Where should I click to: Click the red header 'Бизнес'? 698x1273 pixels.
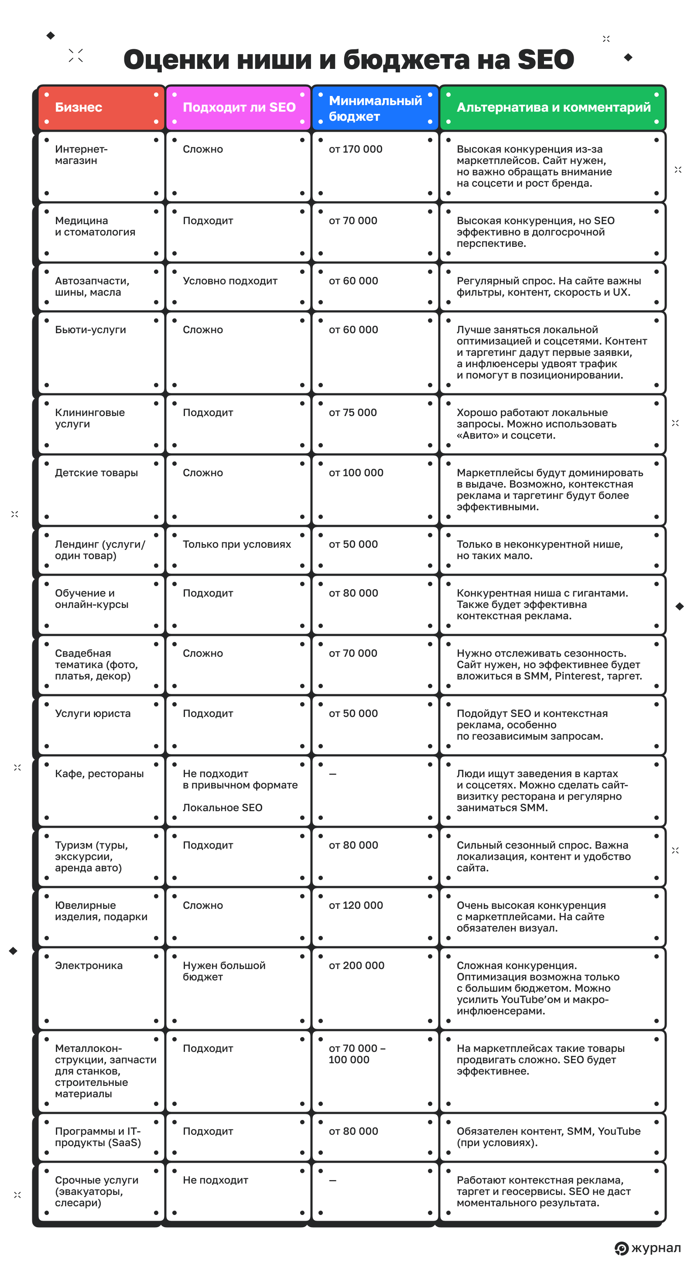pyautogui.click(x=79, y=107)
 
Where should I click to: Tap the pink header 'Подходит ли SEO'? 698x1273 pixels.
pyautogui.click(x=239, y=107)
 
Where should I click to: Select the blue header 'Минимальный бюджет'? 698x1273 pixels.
pyautogui.click(x=375, y=108)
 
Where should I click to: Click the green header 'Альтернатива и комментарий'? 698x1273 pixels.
pyautogui.click(x=553, y=107)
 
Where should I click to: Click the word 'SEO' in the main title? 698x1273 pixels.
pyautogui.click(x=545, y=59)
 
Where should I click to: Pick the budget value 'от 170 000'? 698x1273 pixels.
pyautogui.click(x=356, y=149)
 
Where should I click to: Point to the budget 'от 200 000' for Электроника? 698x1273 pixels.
pyautogui.click(x=356, y=965)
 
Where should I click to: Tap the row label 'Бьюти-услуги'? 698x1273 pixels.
pyautogui.click(x=90, y=330)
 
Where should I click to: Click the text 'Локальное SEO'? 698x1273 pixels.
pyautogui.click(x=222, y=808)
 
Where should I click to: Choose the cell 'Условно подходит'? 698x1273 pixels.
pyautogui.click(x=230, y=281)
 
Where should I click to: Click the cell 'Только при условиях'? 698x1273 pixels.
pyautogui.click(x=237, y=544)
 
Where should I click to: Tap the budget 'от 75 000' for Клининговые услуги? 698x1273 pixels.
pyautogui.click(x=352, y=413)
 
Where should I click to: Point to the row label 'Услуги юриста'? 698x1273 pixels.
pyautogui.click(x=93, y=713)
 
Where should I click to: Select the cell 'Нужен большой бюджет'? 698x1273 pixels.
pyautogui.click(x=224, y=971)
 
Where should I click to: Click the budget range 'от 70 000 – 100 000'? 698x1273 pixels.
pyautogui.click(x=356, y=1054)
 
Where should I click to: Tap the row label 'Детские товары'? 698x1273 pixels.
pyautogui.click(x=96, y=472)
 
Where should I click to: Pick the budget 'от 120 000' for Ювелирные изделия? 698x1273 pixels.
pyautogui.click(x=356, y=905)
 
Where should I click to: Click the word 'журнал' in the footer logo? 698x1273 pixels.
pyautogui.click(x=656, y=1248)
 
